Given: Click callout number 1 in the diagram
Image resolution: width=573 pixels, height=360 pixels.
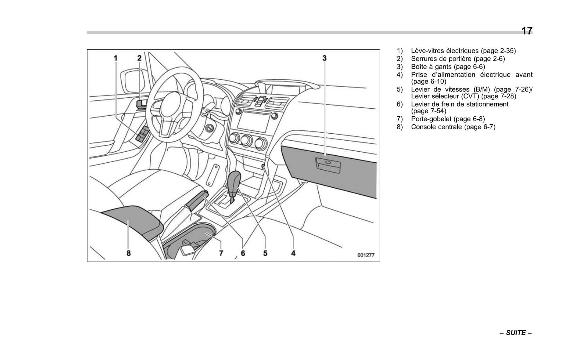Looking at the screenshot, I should [116, 58].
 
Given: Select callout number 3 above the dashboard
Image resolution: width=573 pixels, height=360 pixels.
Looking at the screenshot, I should [324, 58].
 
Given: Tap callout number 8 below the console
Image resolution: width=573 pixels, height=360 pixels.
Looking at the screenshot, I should [129, 253].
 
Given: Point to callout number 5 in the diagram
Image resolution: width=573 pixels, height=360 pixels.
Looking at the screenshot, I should [265, 253].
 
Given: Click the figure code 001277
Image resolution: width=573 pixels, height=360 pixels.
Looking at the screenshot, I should [366, 255].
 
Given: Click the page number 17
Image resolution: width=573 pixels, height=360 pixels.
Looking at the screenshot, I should [527, 31].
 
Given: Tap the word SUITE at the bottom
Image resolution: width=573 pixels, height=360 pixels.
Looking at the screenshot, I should [516, 333].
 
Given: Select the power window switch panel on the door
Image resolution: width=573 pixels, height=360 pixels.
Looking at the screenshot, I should [143, 134].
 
